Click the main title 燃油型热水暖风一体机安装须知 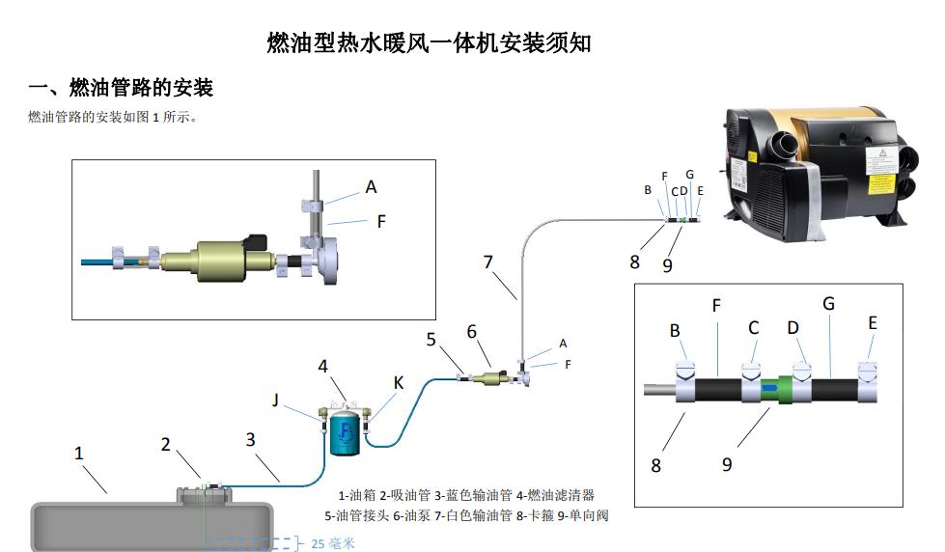[x=429, y=43]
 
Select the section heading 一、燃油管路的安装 [x=121, y=89]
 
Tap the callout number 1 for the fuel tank [x=79, y=452]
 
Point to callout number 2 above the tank [x=166, y=444]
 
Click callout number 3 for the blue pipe [x=250, y=439]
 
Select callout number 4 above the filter [x=324, y=366]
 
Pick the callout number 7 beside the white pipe [x=488, y=262]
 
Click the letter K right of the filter [x=398, y=383]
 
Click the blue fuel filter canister [x=343, y=432]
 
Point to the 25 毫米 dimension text [x=333, y=543]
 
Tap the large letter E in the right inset [x=873, y=323]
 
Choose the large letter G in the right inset [x=828, y=304]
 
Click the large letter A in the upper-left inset [x=371, y=187]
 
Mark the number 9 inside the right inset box [x=727, y=464]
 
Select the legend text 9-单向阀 [x=589, y=515]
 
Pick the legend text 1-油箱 [x=354, y=495]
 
